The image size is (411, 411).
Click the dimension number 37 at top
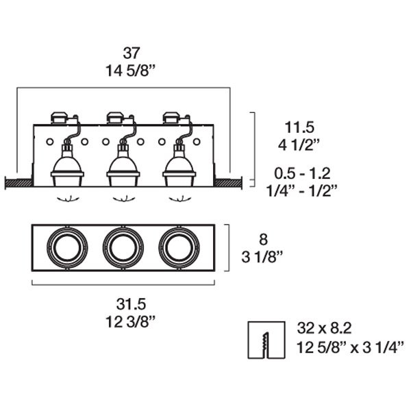click(132, 53)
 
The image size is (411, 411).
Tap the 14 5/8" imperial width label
click(131, 71)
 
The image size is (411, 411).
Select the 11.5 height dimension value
click(299, 127)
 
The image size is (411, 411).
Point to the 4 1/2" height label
click(299, 145)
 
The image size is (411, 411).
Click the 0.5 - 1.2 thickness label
click(302, 173)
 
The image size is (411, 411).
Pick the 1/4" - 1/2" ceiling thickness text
click(301, 190)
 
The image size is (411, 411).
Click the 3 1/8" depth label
click(262, 257)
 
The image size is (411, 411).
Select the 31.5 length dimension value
click(131, 305)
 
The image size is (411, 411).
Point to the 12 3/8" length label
click(131, 322)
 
